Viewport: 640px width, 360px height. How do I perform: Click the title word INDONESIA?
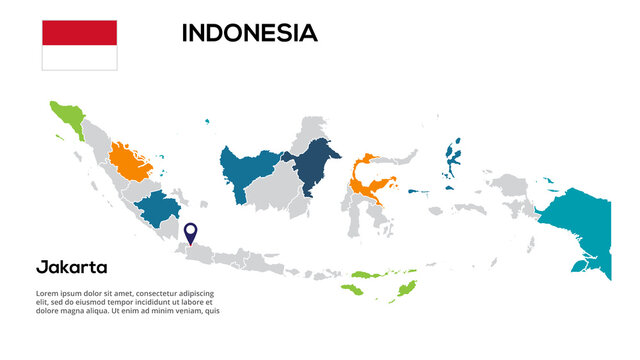click(249, 33)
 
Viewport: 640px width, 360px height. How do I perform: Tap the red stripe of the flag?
click(79, 32)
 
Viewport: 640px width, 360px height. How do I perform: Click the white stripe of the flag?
click(79, 57)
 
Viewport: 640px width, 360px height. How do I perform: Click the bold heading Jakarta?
click(71, 267)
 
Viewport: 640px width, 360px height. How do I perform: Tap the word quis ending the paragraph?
click(211, 310)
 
